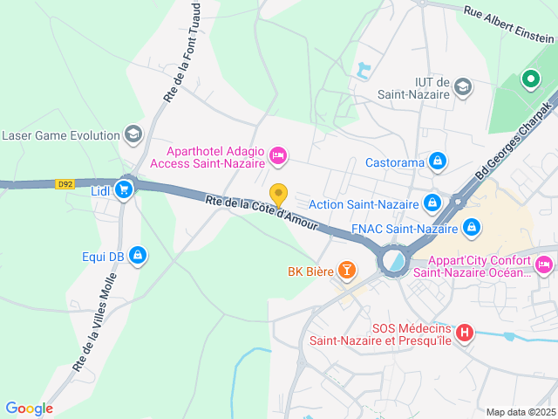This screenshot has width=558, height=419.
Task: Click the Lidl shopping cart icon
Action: (x=124, y=189)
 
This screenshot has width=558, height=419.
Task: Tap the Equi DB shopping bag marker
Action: (x=136, y=255)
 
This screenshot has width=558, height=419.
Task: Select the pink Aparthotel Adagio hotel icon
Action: (x=278, y=155)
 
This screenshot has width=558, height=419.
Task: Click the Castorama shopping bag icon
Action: (x=438, y=161)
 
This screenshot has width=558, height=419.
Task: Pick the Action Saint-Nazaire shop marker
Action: (x=432, y=203)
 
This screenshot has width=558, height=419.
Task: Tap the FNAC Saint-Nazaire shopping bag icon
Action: (x=472, y=228)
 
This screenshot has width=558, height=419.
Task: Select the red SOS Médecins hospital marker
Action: (x=465, y=333)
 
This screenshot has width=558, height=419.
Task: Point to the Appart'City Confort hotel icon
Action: (x=544, y=264)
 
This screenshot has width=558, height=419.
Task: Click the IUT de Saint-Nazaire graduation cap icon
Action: (x=463, y=86)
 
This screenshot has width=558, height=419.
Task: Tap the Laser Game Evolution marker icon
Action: (x=133, y=134)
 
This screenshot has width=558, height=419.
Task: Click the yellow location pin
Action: (x=278, y=195)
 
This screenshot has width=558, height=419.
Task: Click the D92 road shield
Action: (x=65, y=184)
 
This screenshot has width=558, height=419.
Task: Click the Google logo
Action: (x=29, y=409)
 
